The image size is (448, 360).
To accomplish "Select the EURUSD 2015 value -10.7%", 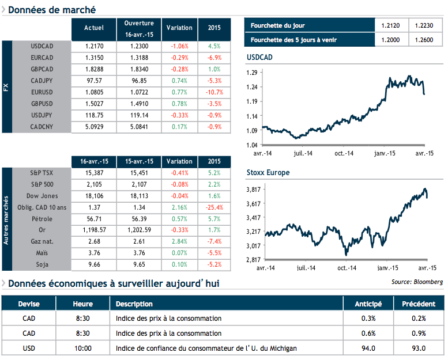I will pos(214,92).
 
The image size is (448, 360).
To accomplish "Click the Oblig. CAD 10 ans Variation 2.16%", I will pos(179,207).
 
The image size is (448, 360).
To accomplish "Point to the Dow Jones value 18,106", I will pos(94,196).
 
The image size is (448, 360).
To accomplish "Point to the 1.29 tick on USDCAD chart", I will pos(252,73).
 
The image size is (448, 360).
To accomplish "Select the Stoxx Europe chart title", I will pos(268,173).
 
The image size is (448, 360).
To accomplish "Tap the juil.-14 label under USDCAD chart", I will pos(303,154).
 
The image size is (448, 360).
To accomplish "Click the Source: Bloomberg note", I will pos(417,282).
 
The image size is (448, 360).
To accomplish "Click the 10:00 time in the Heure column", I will pos(82,348).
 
